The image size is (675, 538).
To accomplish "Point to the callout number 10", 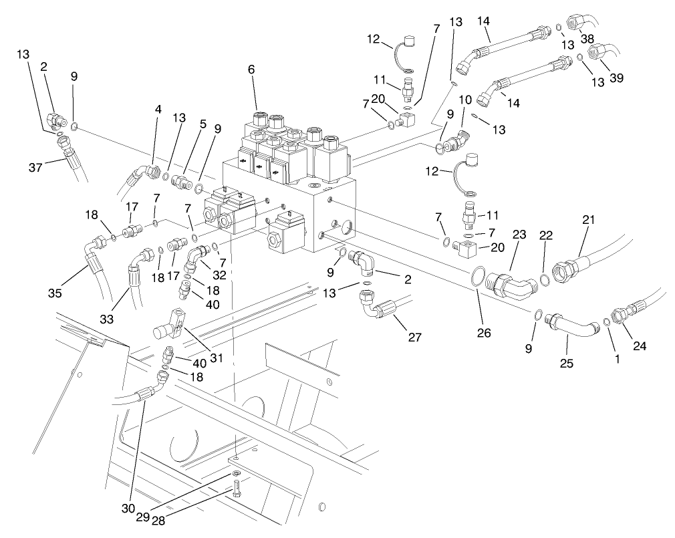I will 466,100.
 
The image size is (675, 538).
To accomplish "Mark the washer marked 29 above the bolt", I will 236,474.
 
